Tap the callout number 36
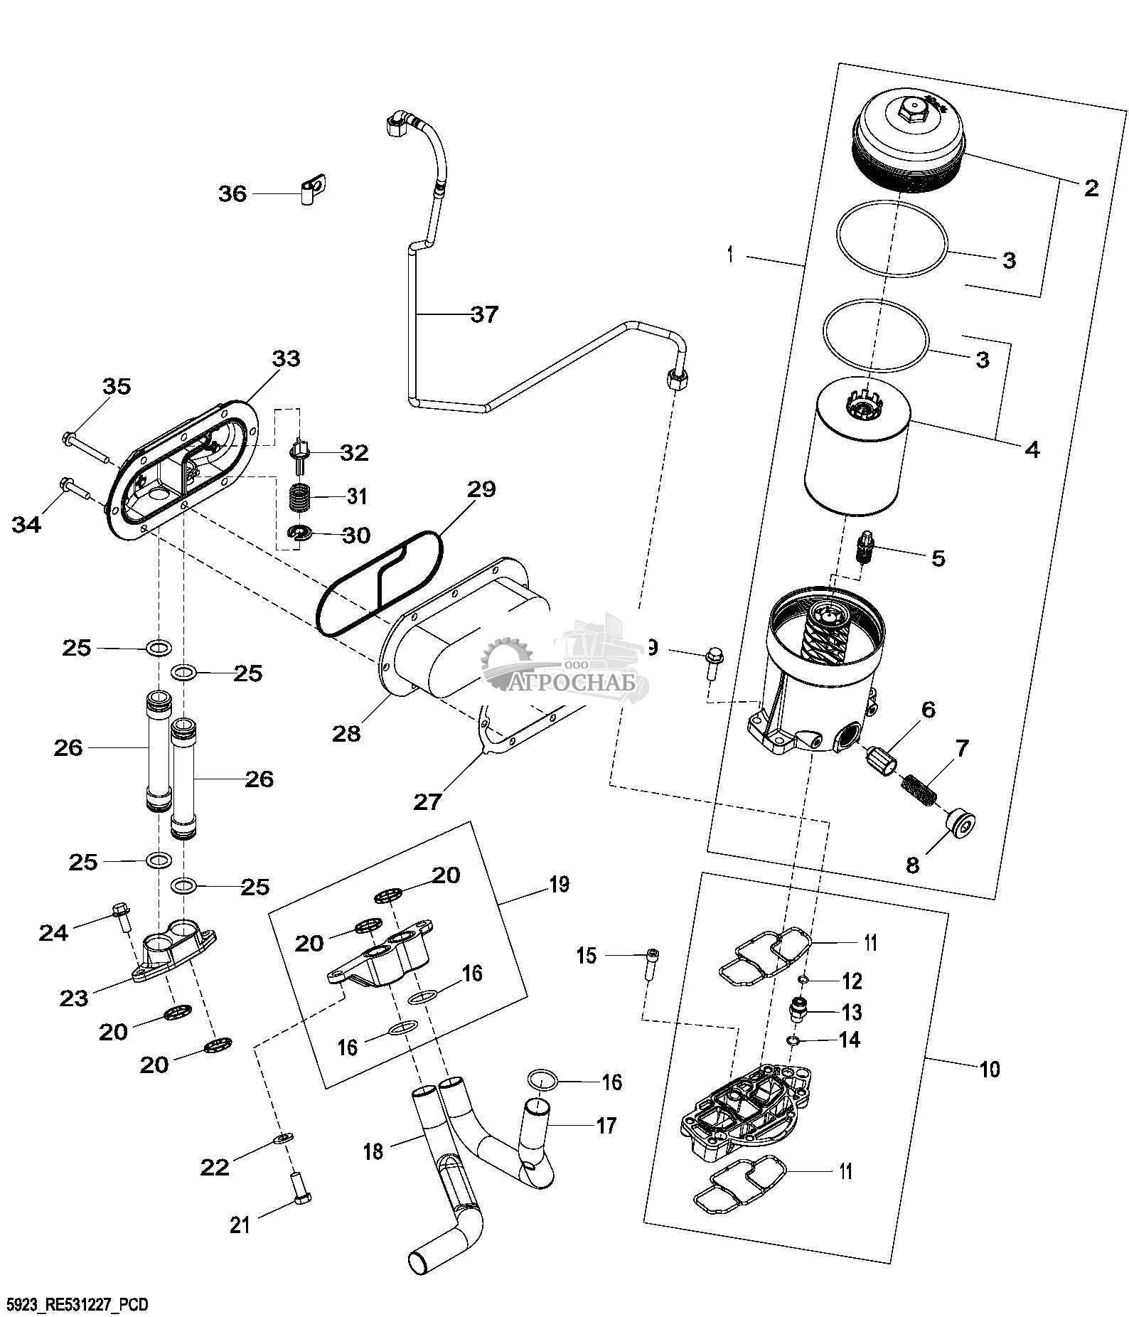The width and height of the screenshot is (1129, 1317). click(232, 193)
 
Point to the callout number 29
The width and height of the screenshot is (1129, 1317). click(481, 489)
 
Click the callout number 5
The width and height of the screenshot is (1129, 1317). click(938, 558)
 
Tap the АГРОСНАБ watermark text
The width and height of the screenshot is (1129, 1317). click(569, 683)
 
